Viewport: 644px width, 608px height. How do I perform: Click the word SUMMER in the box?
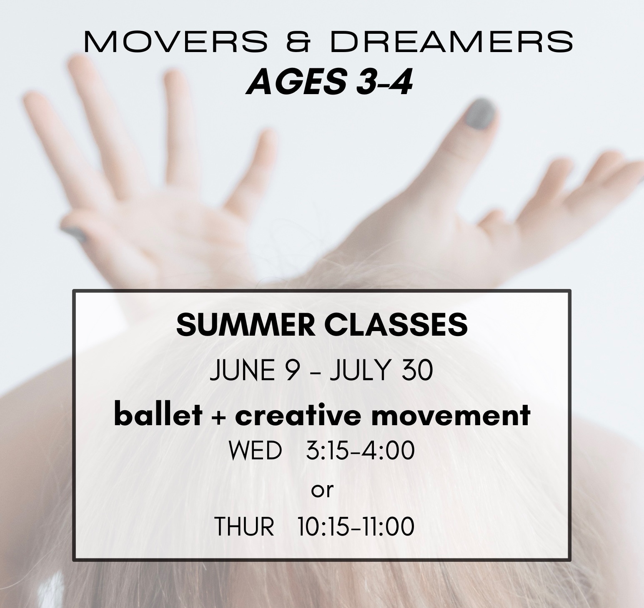pyautogui.click(x=245, y=325)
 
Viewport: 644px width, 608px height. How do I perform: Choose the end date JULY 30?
pyautogui.click(x=381, y=371)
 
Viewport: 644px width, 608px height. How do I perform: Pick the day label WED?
pyautogui.click(x=255, y=451)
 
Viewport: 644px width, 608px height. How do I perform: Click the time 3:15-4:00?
pyautogui.click(x=360, y=451)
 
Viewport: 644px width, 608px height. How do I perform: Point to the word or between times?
pyautogui.click(x=323, y=491)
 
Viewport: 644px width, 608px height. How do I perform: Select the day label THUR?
pyautogui.click(x=244, y=526)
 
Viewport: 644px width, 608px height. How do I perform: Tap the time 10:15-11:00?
pyautogui.click(x=356, y=526)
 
